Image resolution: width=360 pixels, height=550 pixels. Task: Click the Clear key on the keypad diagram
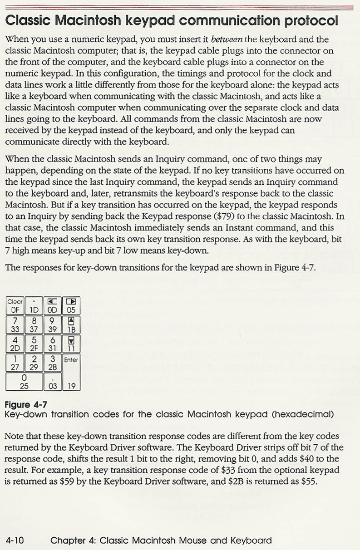pyautogui.click(x=15, y=306)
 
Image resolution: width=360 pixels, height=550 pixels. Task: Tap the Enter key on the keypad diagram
pyautogui.click(x=71, y=372)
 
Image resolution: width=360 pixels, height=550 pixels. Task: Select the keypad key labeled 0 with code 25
pyautogui.click(x=24, y=382)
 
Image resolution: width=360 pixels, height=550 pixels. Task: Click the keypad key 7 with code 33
pyautogui.click(x=15, y=325)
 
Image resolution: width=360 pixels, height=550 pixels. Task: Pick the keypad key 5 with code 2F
pyautogui.click(x=34, y=344)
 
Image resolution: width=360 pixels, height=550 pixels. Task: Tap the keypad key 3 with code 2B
pyautogui.click(x=52, y=363)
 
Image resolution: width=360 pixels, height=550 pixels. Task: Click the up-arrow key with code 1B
pyautogui.click(x=71, y=325)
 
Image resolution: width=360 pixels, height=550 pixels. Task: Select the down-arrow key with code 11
pyautogui.click(x=71, y=344)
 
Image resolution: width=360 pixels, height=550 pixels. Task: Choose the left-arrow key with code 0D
pyautogui.click(x=52, y=306)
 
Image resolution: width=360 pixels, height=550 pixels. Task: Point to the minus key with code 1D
pyautogui.click(x=34, y=306)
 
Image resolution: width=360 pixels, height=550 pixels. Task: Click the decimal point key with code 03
pyautogui.click(x=52, y=382)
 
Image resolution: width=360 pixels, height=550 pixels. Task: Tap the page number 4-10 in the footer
pyautogui.click(x=15, y=540)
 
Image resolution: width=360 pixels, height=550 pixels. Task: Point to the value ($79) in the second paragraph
pyautogui.click(x=230, y=216)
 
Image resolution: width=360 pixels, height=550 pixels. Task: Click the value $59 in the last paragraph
pyautogui.click(x=68, y=481)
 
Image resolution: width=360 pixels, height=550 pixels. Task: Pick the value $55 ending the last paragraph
pyautogui.click(x=308, y=481)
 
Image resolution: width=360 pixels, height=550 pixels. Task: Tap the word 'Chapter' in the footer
pyautogui.click(x=68, y=540)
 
